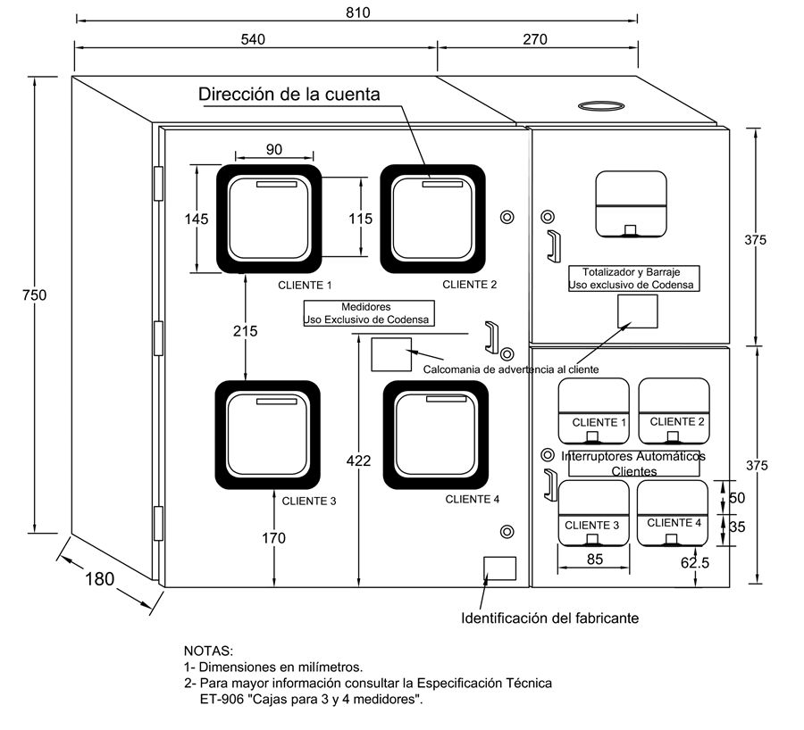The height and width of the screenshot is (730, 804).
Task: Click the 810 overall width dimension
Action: coord(357,12)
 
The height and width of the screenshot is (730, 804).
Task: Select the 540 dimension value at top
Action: coord(255,39)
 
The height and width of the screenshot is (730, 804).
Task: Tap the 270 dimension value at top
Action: coord(535,39)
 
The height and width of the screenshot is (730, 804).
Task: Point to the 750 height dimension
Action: coord(34,294)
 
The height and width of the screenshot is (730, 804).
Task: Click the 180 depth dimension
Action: coord(99,578)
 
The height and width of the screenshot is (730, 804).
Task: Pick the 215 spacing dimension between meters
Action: coord(245,330)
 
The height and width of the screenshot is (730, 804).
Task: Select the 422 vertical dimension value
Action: coord(357,460)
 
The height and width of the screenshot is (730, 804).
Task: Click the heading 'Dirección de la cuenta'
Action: coord(289,94)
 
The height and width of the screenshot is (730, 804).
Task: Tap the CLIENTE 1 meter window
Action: coord(268,220)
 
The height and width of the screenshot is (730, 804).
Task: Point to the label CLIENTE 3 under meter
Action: coord(309,501)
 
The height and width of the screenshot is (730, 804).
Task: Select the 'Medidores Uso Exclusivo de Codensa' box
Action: coord(366,313)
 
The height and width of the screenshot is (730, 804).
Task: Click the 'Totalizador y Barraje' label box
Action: coord(633,278)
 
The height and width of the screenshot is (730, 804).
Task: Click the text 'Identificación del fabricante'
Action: coord(549,618)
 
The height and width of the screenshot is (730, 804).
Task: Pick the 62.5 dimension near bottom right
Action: coord(694,563)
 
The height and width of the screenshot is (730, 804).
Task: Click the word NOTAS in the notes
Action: coord(208,651)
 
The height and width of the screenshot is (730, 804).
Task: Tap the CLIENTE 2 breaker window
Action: coord(674,411)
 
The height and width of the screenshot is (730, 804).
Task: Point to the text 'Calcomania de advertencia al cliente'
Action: coord(510,369)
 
